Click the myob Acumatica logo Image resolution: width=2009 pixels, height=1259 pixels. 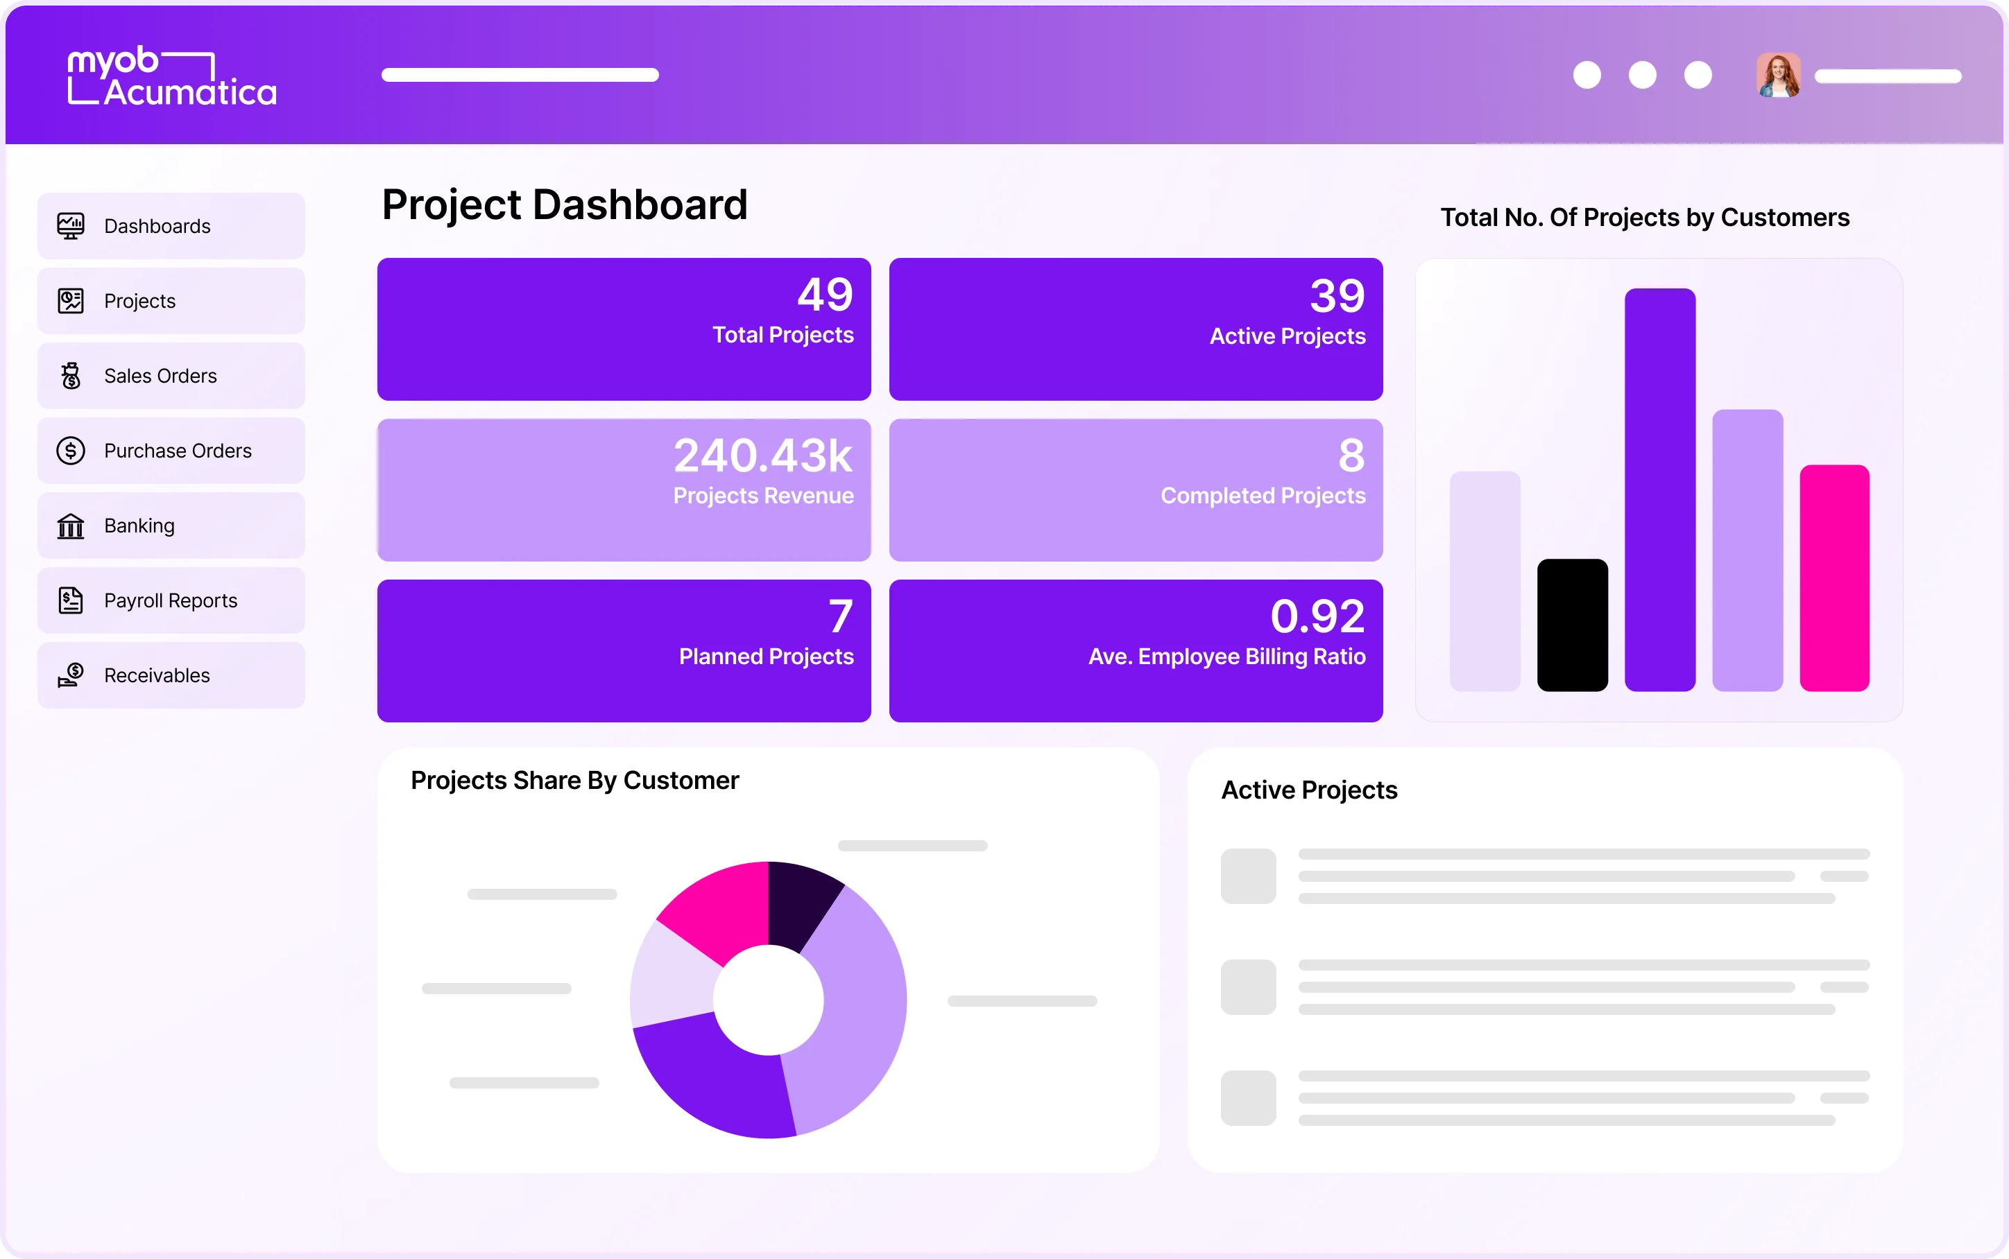pos(171,76)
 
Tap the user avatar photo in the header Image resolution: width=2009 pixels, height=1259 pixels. pos(1778,76)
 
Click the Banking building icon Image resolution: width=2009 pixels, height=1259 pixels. pos(71,526)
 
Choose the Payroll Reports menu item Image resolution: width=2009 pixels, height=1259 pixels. pos(171,600)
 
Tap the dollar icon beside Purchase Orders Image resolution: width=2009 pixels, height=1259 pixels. pos(71,451)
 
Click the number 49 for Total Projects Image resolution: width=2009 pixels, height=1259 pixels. pos(825,295)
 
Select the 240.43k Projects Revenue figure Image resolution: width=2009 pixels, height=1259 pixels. pos(763,455)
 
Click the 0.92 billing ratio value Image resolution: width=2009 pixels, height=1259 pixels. pos(1317,616)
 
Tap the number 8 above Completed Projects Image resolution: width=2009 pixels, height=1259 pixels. pos(1351,455)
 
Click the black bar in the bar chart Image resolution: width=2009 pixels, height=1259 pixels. pos(1572,625)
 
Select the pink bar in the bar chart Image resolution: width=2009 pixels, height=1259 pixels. pos(1834,578)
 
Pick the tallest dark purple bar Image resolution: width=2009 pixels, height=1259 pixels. pos(1659,489)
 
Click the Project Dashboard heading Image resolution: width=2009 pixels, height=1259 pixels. pos(565,205)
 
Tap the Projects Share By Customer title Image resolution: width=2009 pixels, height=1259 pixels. pos(574,780)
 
